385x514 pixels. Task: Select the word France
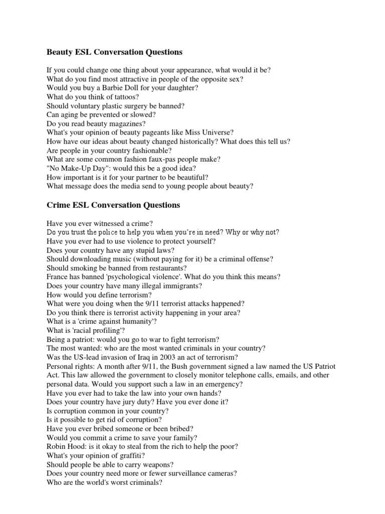(x=58, y=277)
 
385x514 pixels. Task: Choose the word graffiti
(x=129, y=455)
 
